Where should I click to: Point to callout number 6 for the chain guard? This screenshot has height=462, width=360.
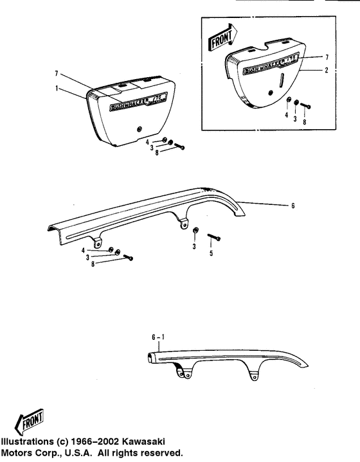pyautogui.click(x=292, y=206)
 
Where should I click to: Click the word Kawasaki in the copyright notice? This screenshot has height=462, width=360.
pyautogui.click(x=143, y=441)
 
